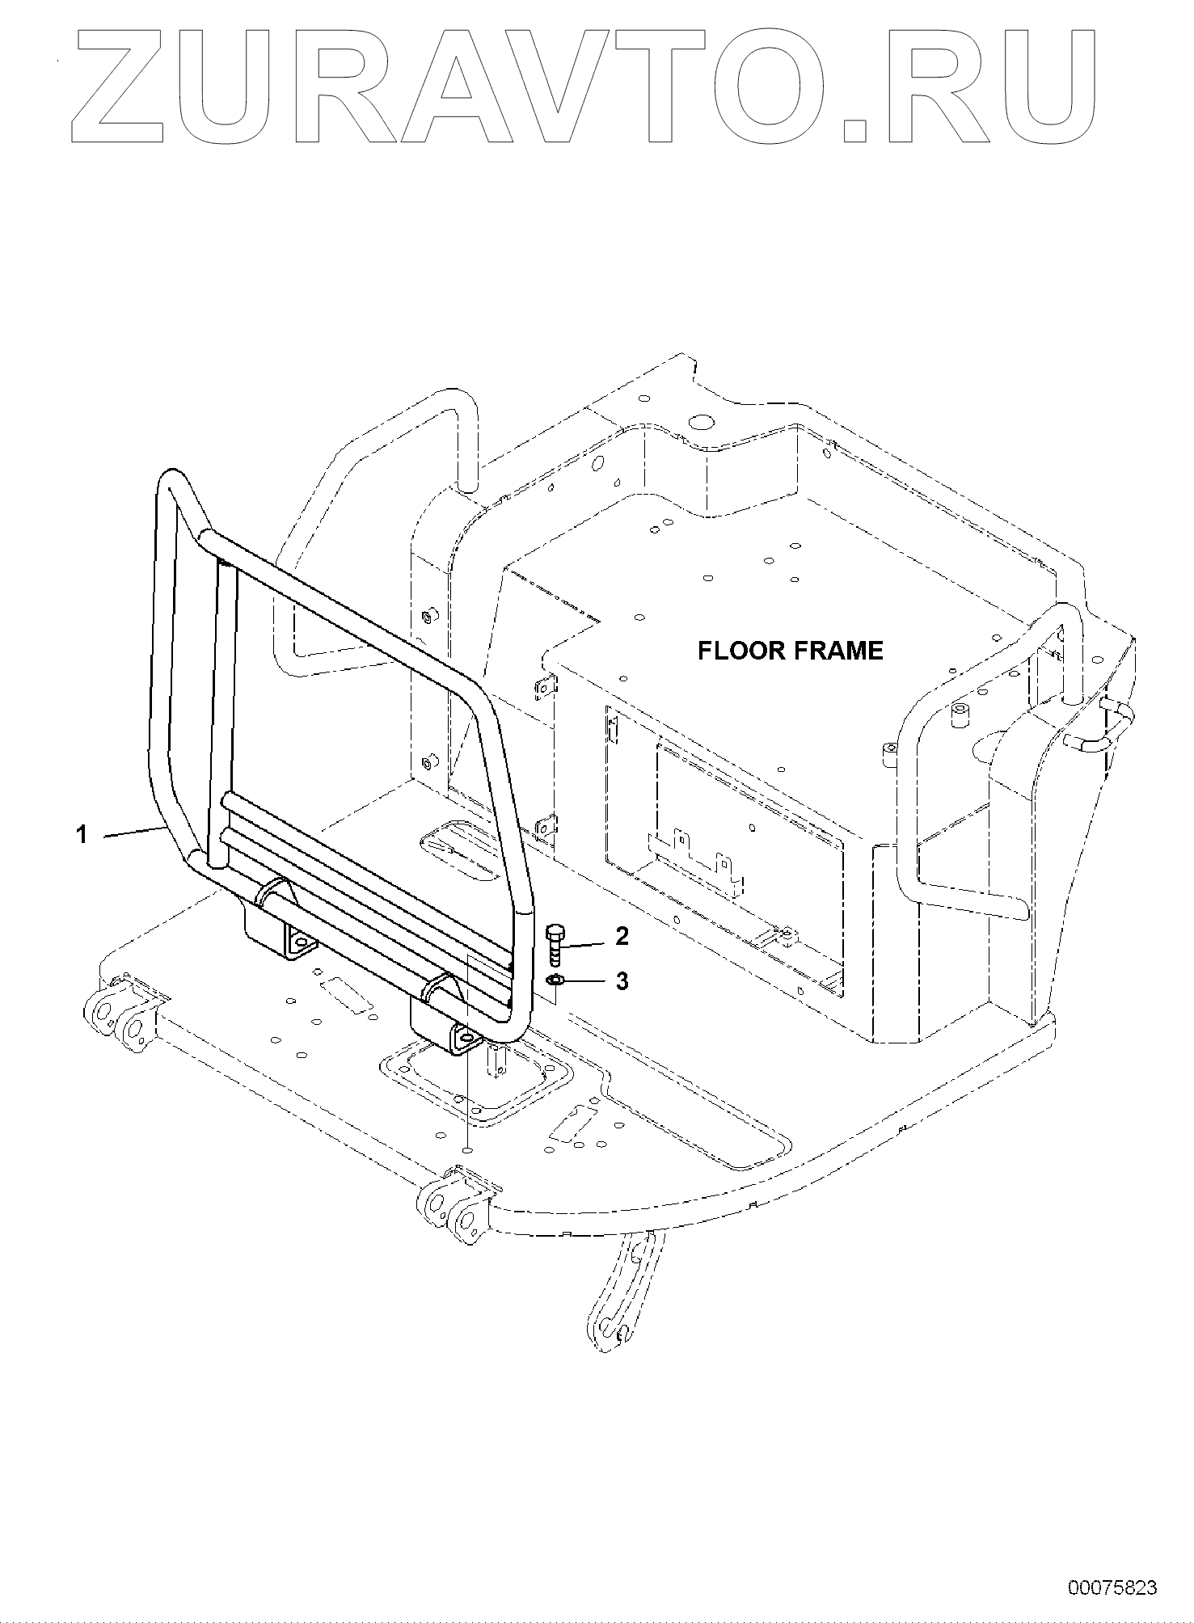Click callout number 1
[x=82, y=833]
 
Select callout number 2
[x=622, y=936]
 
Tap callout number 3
[x=622, y=981]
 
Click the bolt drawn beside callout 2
[x=555, y=944]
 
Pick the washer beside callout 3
[x=555, y=981]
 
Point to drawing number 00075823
[x=1112, y=1587]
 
